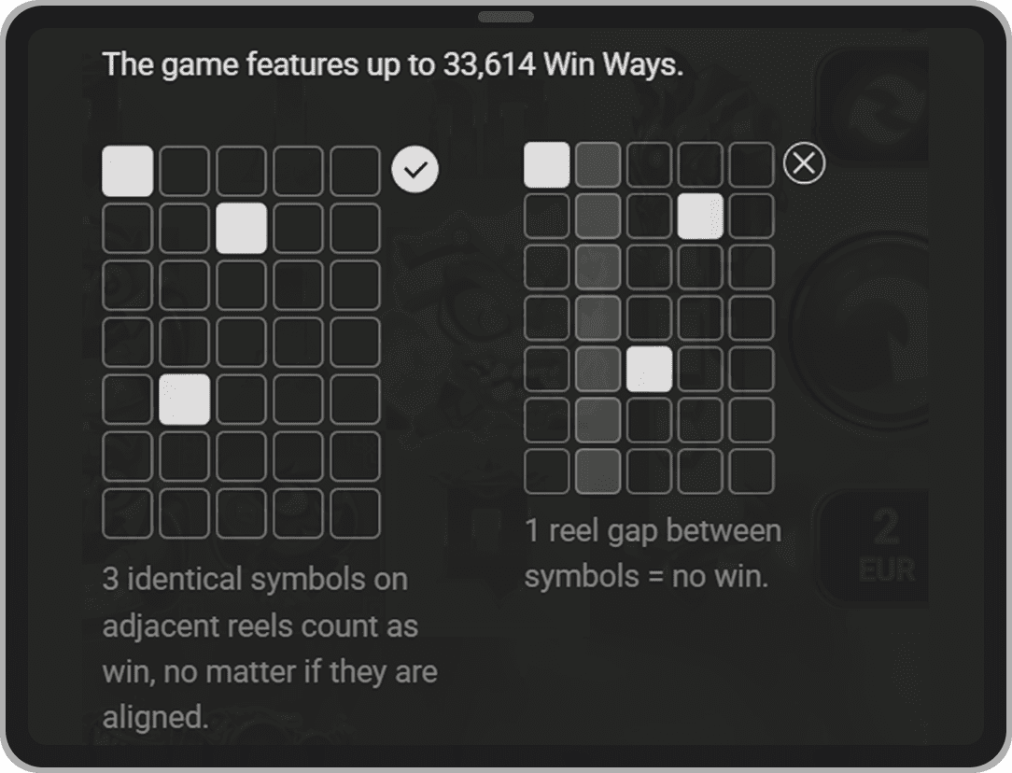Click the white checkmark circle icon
click(x=415, y=169)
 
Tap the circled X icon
click(x=804, y=163)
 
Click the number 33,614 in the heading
click(x=488, y=64)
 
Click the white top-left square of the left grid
click(x=128, y=171)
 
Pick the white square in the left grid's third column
click(x=242, y=228)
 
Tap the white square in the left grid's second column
click(x=185, y=400)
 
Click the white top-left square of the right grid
click(x=547, y=164)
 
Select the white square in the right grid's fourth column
click(x=700, y=216)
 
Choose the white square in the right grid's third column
click(x=649, y=369)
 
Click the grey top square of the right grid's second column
click(x=597, y=164)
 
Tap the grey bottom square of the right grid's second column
click(x=597, y=471)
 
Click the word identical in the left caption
click(x=182, y=579)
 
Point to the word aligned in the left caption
click(x=155, y=717)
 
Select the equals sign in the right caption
click(x=655, y=577)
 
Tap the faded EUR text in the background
click(x=887, y=570)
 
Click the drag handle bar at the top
click(x=506, y=18)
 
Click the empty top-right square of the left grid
click(x=355, y=171)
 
